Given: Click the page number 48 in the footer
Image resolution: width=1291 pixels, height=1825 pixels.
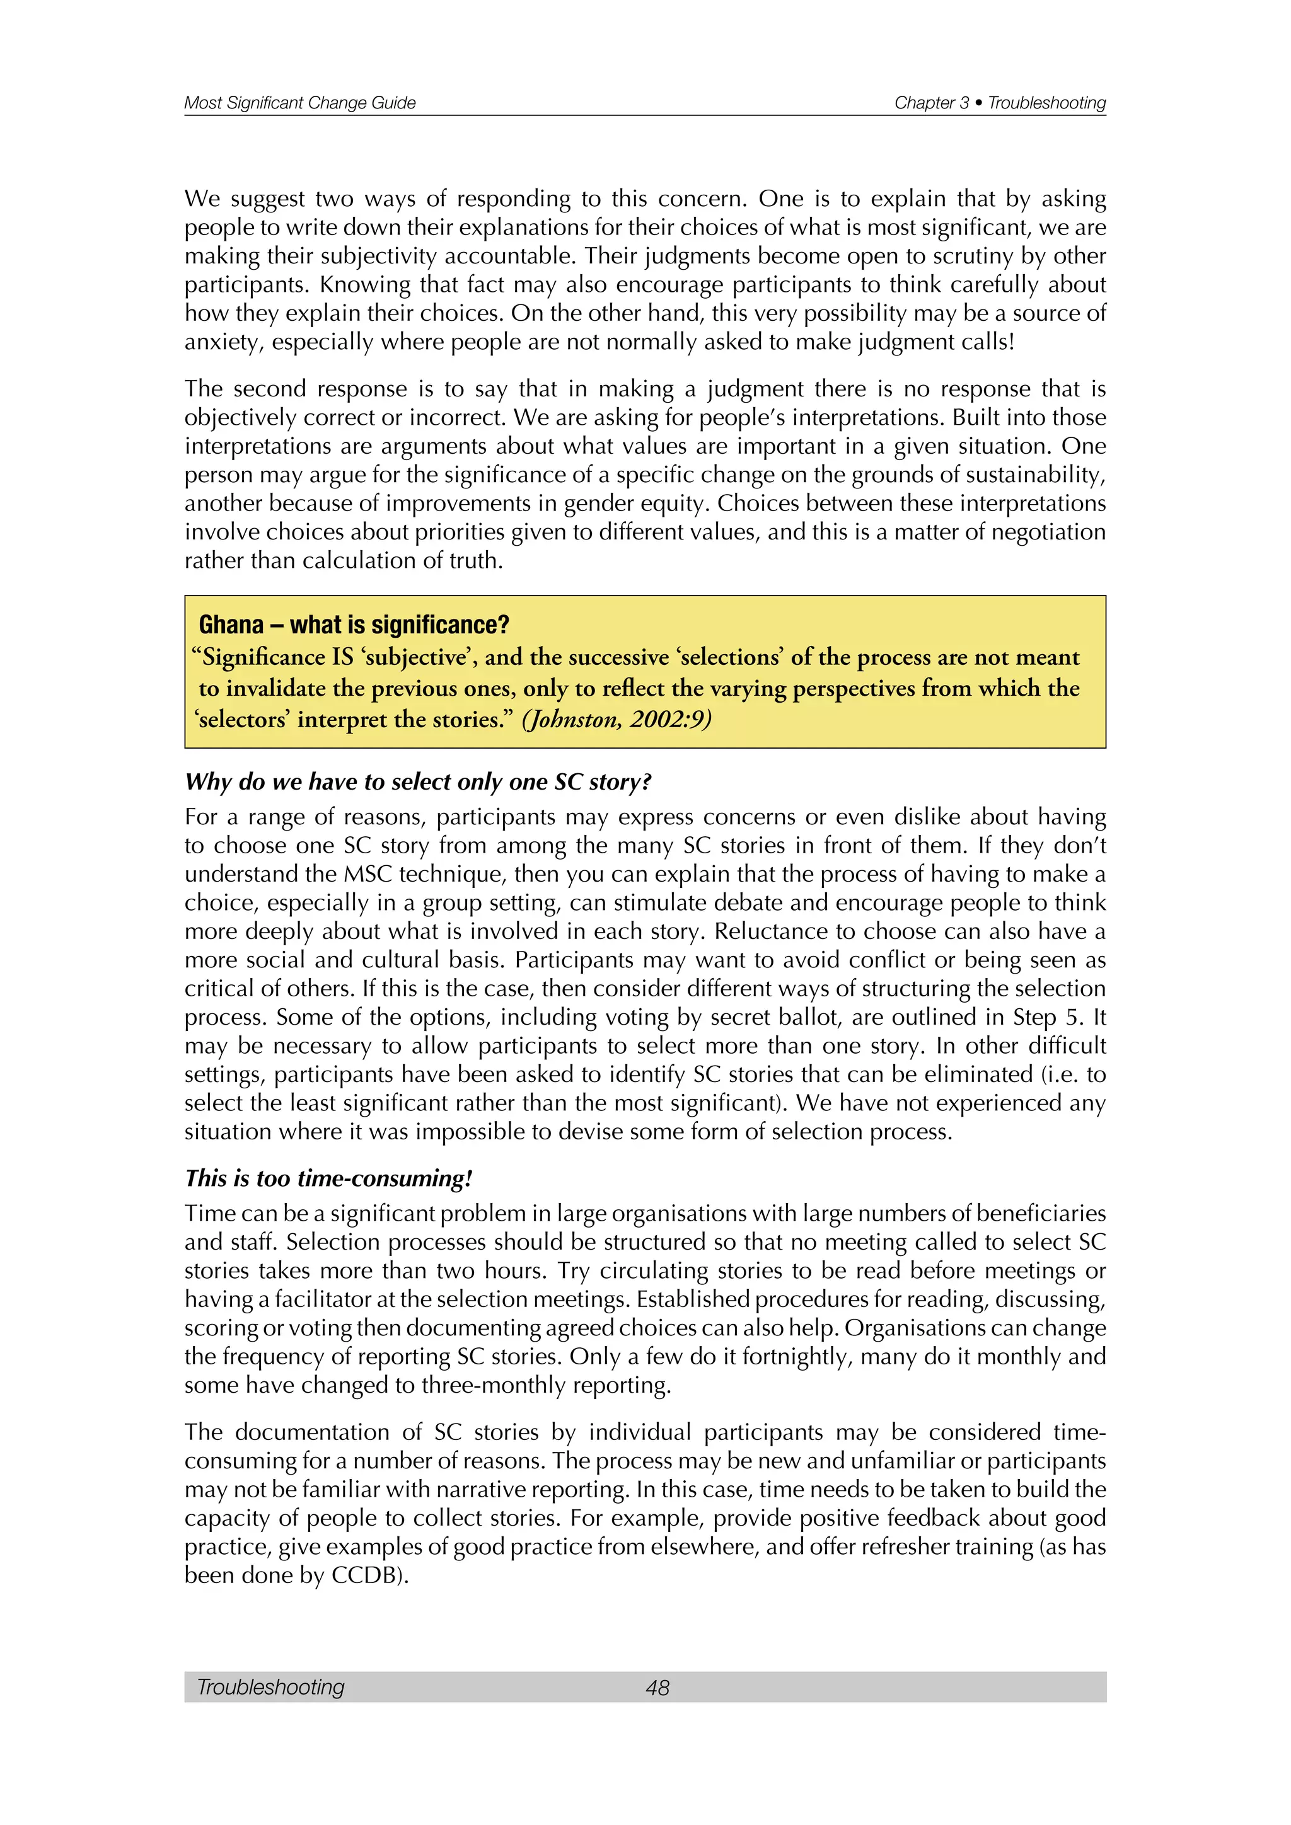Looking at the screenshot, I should [x=657, y=1688].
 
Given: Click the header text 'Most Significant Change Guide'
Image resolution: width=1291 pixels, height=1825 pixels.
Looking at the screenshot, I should [x=299, y=103].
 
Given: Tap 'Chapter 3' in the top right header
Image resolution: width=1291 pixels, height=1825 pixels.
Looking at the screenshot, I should [x=931, y=103].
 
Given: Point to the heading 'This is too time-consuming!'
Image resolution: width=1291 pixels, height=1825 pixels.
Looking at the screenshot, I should [x=328, y=1178].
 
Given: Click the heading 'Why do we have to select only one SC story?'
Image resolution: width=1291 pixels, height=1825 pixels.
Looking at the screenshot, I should [x=418, y=782].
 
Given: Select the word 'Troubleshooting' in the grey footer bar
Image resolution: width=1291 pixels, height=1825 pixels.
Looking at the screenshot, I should [x=270, y=1688].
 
